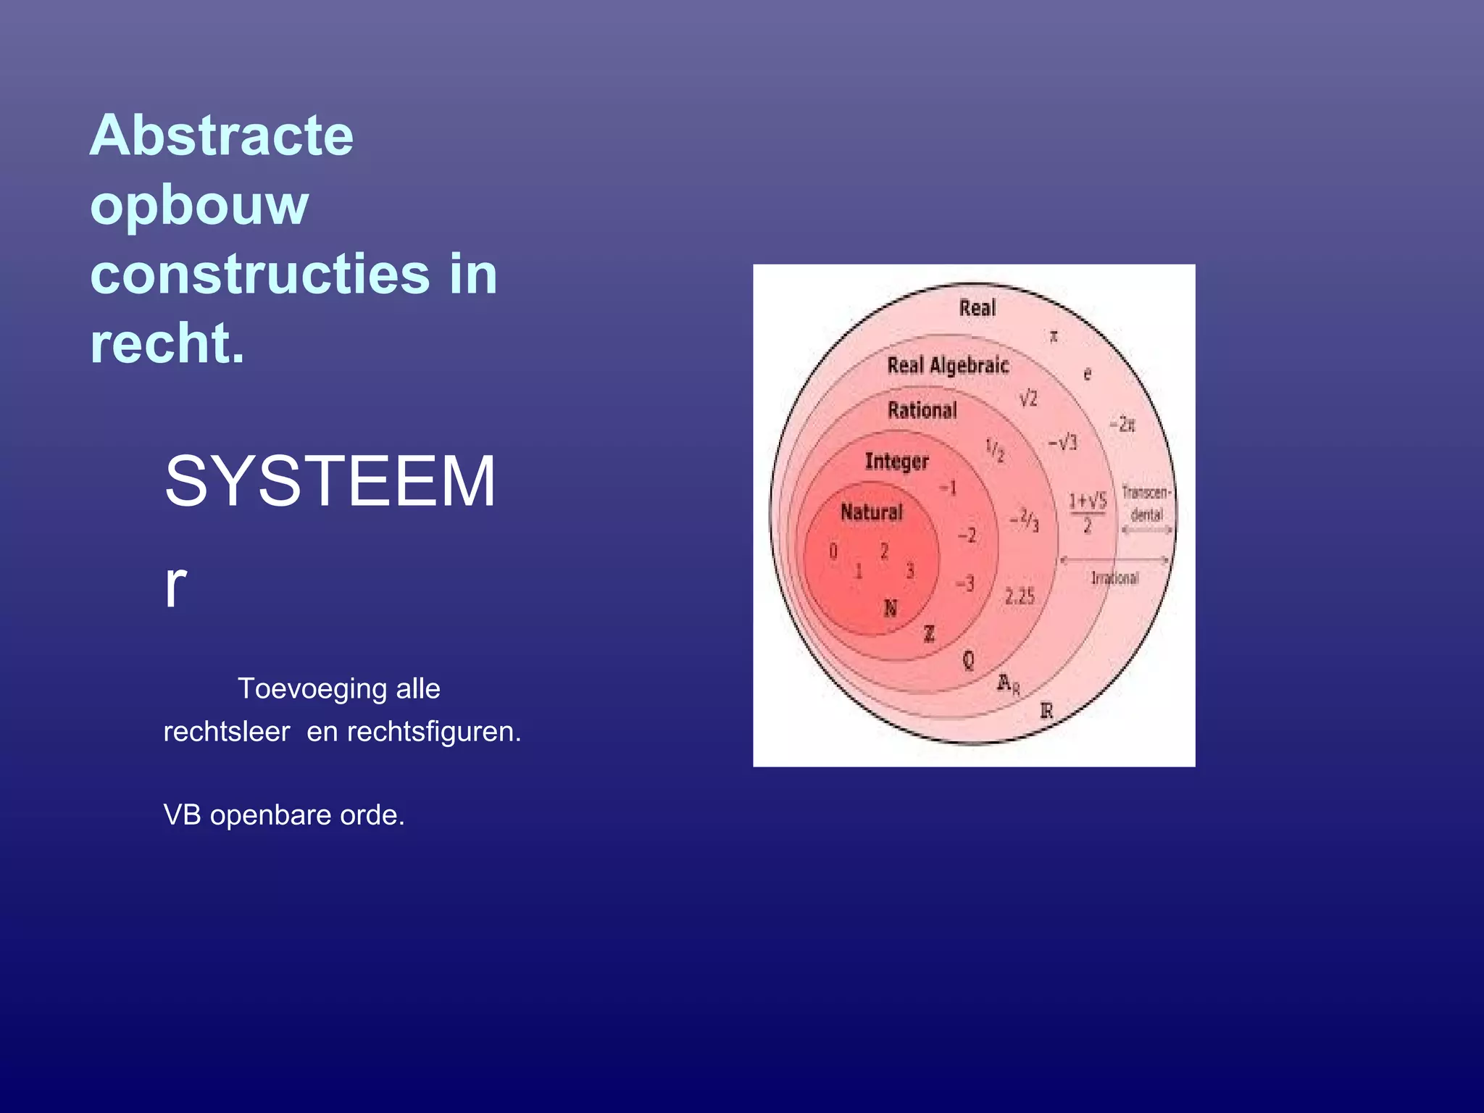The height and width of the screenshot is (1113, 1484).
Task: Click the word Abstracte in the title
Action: pyautogui.click(x=221, y=136)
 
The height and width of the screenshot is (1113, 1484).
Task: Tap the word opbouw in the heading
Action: pyautogui.click(x=199, y=206)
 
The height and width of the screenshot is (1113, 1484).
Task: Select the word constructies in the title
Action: pyautogui.click(x=259, y=275)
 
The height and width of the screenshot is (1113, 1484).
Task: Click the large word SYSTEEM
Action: pyautogui.click(x=330, y=482)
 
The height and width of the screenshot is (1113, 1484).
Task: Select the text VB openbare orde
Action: pyautogui.click(x=283, y=815)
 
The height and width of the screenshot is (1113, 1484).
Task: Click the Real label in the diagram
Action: pyautogui.click(x=977, y=308)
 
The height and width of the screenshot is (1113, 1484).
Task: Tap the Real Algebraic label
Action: pyautogui.click(x=947, y=365)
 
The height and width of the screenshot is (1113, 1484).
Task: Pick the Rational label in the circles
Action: pyautogui.click(x=922, y=411)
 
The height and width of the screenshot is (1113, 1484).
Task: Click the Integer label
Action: pyautogui.click(x=896, y=462)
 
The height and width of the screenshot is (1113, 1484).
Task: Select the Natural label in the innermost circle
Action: pyautogui.click(x=871, y=512)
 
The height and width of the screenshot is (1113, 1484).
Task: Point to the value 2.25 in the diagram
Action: pyautogui.click(x=1019, y=597)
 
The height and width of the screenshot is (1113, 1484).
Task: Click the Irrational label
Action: pyautogui.click(x=1114, y=578)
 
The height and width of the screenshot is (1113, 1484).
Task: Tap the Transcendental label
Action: pyautogui.click(x=1146, y=504)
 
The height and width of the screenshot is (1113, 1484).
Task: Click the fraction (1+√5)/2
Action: pyautogui.click(x=1087, y=512)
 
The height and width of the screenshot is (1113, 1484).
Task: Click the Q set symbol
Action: pyautogui.click(x=968, y=660)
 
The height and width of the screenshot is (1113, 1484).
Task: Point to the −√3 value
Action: pyautogui.click(x=1062, y=443)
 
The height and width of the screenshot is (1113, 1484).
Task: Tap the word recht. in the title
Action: pyautogui.click(x=167, y=343)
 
